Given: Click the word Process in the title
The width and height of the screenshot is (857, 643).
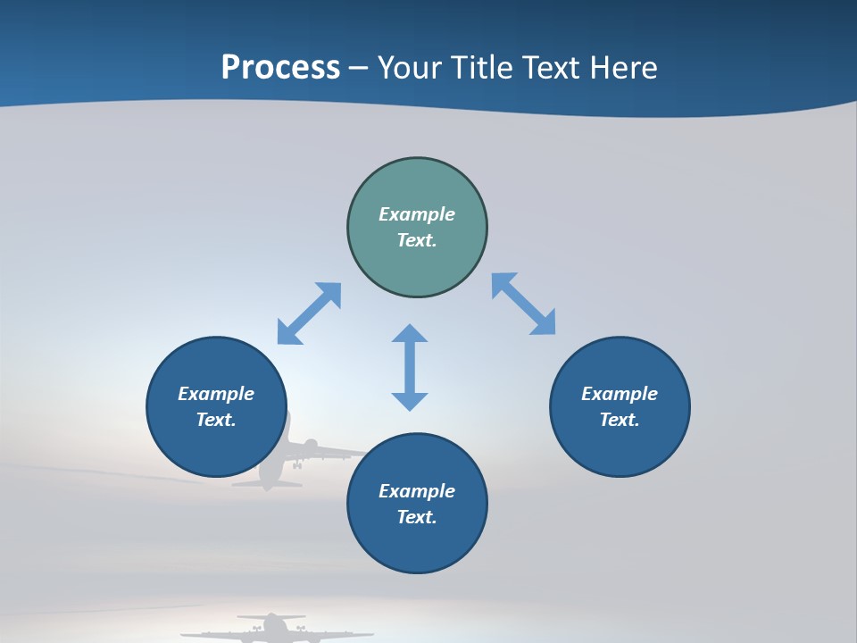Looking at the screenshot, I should [x=280, y=68].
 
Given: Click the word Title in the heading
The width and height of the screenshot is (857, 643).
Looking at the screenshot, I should [x=482, y=68].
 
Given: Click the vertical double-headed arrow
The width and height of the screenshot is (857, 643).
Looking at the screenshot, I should [x=410, y=367].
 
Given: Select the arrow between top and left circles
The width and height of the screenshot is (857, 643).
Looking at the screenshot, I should [x=309, y=313].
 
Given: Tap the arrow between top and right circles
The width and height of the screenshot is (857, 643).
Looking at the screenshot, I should [x=524, y=305].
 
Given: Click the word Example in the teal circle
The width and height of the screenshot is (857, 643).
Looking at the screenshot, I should [x=417, y=214].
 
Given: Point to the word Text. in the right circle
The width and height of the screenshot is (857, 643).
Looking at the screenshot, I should [x=620, y=420].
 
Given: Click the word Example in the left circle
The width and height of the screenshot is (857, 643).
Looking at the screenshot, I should [x=216, y=394].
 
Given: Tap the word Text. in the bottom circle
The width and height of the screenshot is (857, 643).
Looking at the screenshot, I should [x=417, y=517].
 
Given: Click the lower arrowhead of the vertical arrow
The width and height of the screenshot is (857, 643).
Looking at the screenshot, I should [x=410, y=401].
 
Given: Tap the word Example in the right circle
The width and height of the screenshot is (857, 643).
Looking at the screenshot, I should [x=620, y=394].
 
